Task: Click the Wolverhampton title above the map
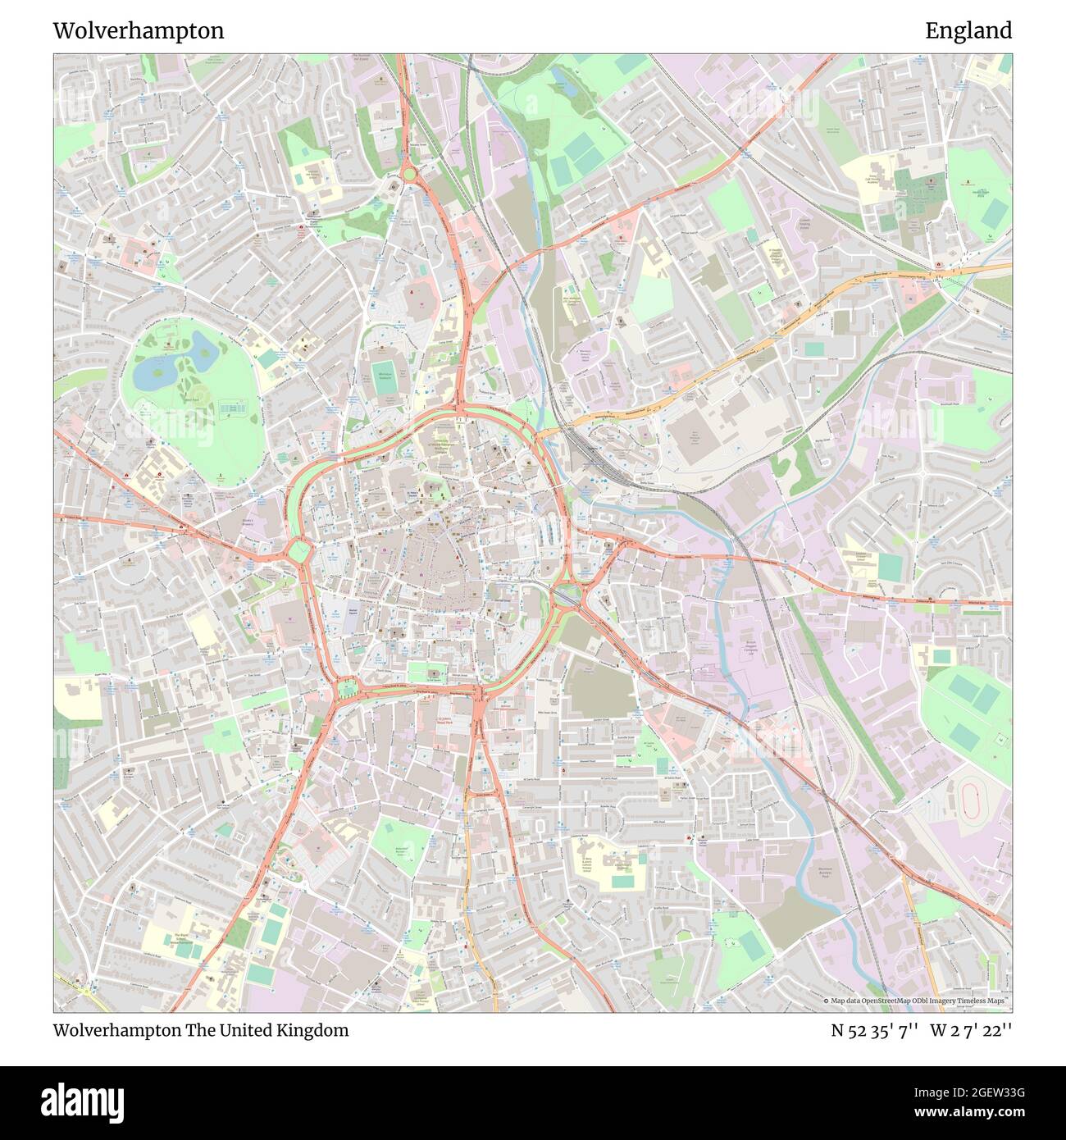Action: (138, 31)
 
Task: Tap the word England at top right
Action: (968, 31)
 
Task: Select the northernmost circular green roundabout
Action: (408, 175)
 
